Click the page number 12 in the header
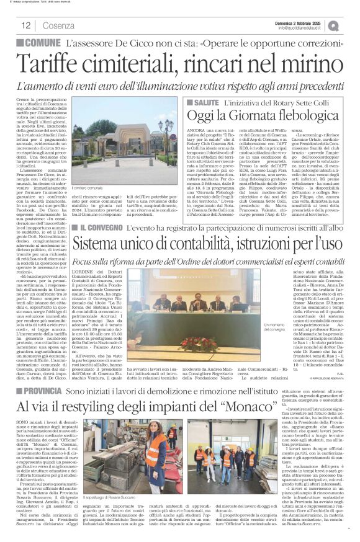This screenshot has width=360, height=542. tap(25, 25)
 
